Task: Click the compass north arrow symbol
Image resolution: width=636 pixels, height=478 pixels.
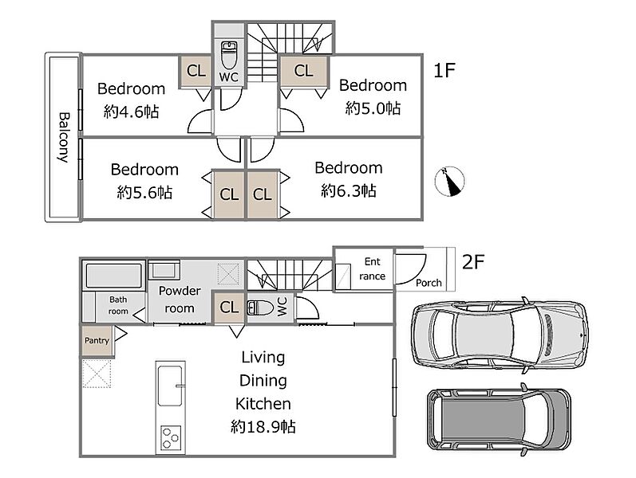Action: point(449,181)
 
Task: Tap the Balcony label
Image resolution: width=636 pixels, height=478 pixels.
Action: point(64,137)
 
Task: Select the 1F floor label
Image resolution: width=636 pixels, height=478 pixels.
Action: point(444,70)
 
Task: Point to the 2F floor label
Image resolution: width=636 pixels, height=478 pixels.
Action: point(473,262)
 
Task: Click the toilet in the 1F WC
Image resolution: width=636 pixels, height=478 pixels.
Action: point(229,55)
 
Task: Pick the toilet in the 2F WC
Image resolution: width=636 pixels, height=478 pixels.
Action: point(261,308)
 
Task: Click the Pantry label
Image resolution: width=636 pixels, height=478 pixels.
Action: point(97,340)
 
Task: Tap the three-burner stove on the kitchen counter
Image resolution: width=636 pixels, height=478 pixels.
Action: point(171,437)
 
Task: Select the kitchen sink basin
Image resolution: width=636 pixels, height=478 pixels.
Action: point(169,386)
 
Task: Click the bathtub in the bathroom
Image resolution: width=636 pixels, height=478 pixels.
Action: point(114,276)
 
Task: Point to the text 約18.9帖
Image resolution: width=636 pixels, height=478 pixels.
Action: point(263,426)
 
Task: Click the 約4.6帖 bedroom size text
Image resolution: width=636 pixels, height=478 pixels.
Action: point(131,112)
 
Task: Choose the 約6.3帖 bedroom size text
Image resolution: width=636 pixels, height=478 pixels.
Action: point(349,190)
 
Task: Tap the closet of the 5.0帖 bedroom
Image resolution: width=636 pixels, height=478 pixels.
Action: point(304,72)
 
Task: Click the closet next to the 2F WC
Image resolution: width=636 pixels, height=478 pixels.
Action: point(229,308)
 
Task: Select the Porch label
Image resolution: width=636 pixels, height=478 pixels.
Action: point(429,283)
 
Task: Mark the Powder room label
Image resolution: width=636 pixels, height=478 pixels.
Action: point(180,300)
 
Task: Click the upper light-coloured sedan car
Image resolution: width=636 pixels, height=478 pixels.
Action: point(500,335)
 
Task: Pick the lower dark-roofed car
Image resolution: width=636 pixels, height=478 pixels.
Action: point(499,420)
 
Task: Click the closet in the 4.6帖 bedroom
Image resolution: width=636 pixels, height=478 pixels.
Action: point(196,71)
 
